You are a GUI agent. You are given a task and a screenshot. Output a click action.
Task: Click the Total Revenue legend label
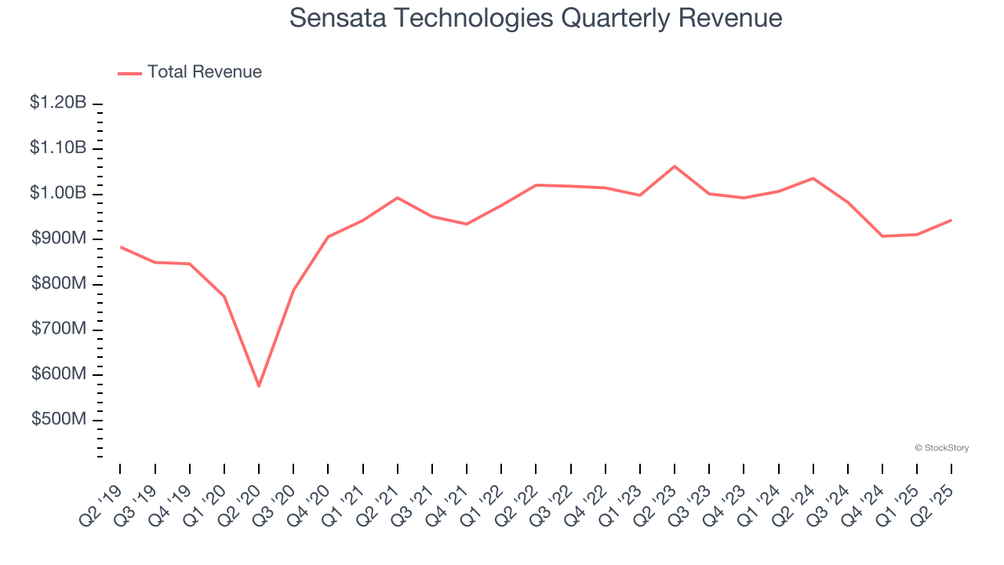pyautogui.click(x=204, y=72)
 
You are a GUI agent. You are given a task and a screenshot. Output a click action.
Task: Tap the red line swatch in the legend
pyautogui.click(x=129, y=73)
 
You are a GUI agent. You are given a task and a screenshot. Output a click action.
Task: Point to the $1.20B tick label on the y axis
pyautogui.click(x=59, y=103)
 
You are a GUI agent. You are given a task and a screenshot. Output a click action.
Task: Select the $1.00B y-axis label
pyautogui.click(x=59, y=194)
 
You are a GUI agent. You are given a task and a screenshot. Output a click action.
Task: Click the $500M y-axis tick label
pyautogui.click(x=59, y=420)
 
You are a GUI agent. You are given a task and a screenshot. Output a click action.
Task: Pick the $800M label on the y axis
pyautogui.click(x=59, y=284)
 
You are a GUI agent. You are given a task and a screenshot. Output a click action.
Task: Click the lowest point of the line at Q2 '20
pyautogui.click(x=259, y=386)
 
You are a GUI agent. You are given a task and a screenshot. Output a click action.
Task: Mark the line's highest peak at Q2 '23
pyautogui.click(x=675, y=166)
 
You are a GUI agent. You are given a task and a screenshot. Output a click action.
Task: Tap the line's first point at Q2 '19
pyautogui.click(x=120, y=246)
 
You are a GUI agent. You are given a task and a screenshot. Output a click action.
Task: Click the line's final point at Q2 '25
pyautogui.click(x=951, y=221)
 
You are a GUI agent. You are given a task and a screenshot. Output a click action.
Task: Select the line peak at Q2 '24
pyautogui.click(x=813, y=178)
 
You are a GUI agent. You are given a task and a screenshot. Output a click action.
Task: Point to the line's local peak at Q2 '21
pyautogui.click(x=398, y=198)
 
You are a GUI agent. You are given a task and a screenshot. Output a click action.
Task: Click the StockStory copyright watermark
pyautogui.click(x=941, y=448)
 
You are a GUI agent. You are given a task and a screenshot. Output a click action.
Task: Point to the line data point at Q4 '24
pyautogui.click(x=882, y=236)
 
